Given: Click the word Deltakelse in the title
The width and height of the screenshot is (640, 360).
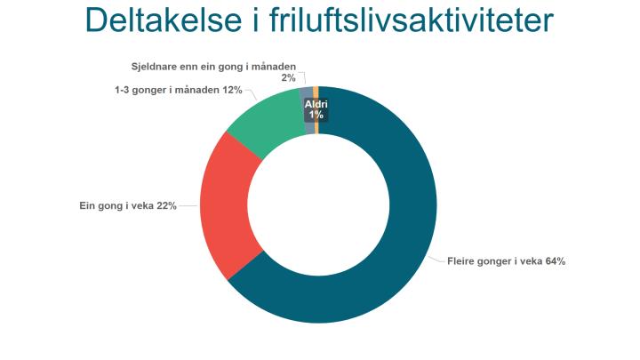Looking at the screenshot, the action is coord(164,20).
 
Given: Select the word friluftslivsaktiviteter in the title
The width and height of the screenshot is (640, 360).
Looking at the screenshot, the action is coord(411,20).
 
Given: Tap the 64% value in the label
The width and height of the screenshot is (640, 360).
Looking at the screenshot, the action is coord(555,261).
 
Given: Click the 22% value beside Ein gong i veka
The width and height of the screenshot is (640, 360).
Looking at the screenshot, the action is coord(166,205).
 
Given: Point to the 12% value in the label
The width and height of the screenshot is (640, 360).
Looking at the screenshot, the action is coord(232,90).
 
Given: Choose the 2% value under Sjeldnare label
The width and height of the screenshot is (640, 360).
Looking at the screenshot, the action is coord(288,77).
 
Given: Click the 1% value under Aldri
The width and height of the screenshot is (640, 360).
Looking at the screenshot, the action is coord(316,115).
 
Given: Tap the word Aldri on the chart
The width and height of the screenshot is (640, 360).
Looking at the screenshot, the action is coord(316,104).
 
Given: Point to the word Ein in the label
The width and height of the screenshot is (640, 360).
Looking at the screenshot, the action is coord(87,205).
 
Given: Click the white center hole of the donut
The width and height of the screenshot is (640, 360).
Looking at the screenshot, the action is coord(318,205).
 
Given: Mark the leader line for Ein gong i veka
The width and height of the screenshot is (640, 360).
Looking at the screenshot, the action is coord(188,205).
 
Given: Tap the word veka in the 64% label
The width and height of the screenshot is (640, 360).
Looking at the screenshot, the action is coord(532,261).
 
